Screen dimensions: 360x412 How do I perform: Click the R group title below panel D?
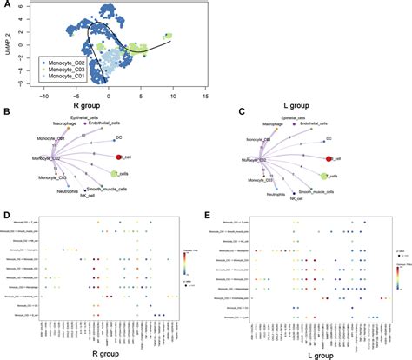click(x=91, y=353)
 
